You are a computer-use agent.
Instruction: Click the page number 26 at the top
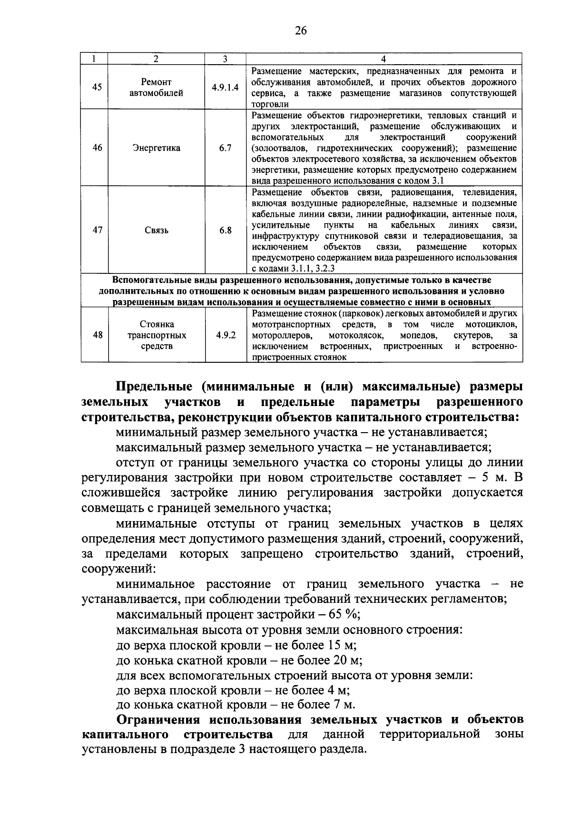tap(301, 31)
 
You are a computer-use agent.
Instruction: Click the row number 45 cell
tap(97, 87)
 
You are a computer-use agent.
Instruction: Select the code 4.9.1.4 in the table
tap(225, 87)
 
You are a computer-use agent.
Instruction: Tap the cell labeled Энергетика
tap(157, 148)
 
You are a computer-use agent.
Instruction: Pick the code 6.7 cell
tap(225, 148)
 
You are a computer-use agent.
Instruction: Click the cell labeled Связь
tap(157, 231)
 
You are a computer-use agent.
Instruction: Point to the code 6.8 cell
tap(225, 231)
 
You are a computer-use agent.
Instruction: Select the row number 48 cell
tap(98, 335)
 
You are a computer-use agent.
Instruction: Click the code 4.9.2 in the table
tap(226, 335)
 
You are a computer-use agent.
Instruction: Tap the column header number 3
tap(225, 59)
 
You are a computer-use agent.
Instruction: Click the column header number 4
tap(384, 59)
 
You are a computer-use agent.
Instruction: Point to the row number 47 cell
tap(97, 231)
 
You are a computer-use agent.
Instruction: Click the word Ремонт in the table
tap(157, 82)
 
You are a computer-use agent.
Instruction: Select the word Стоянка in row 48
tap(157, 324)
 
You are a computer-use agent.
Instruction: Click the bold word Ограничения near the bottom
tap(160, 718)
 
